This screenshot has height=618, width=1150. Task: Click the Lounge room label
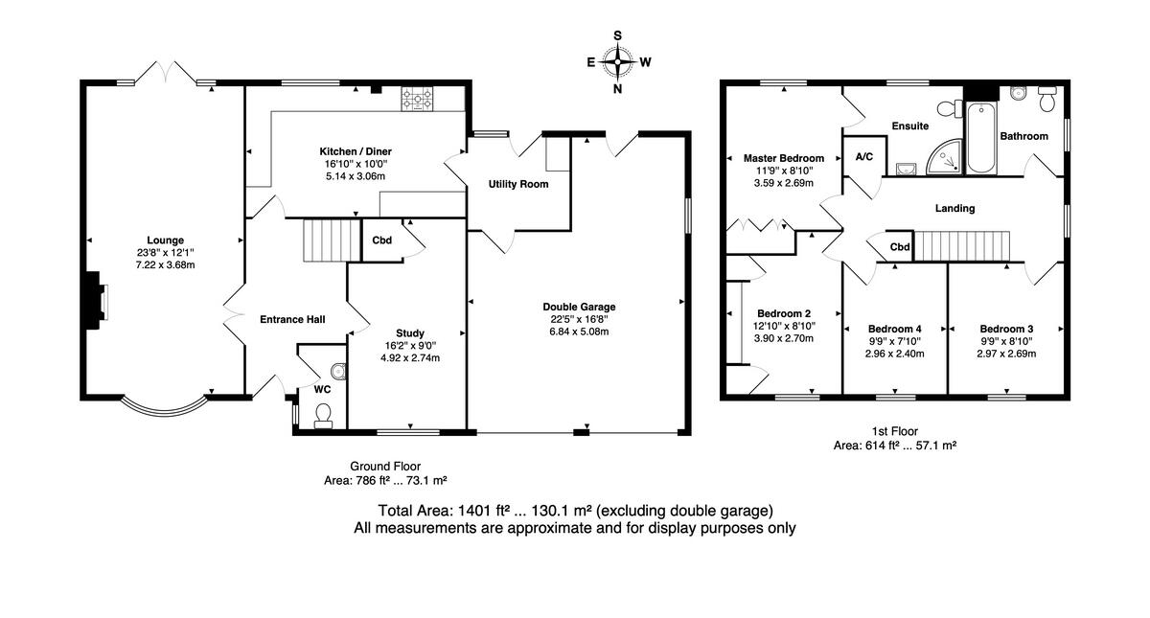[x=165, y=240]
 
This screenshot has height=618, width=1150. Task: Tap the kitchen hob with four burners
[x=417, y=99]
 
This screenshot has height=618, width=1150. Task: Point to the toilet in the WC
[x=324, y=415]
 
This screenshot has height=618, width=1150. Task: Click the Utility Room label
[x=518, y=184]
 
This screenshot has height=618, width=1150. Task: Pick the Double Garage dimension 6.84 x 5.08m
[x=579, y=332]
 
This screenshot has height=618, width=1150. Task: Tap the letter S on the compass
[x=617, y=35]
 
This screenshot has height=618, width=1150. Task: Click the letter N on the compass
[x=617, y=89]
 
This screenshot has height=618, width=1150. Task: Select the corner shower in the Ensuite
[x=945, y=156]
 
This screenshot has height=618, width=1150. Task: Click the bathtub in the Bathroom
[x=981, y=138]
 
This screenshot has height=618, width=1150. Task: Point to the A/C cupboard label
[x=864, y=156]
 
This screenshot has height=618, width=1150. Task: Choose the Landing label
[x=954, y=209]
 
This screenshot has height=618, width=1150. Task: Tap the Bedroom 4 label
[x=895, y=329]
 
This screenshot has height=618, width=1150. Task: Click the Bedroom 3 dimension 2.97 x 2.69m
[x=1006, y=354]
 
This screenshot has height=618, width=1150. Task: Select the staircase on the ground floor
[x=332, y=240]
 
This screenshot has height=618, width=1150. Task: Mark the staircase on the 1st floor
[x=962, y=246]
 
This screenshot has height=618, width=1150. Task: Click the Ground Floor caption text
[x=385, y=467]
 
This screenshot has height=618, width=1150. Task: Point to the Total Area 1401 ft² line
[x=576, y=511]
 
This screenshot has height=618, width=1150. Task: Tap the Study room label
[x=410, y=333]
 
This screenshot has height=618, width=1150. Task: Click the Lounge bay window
[x=166, y=405]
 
